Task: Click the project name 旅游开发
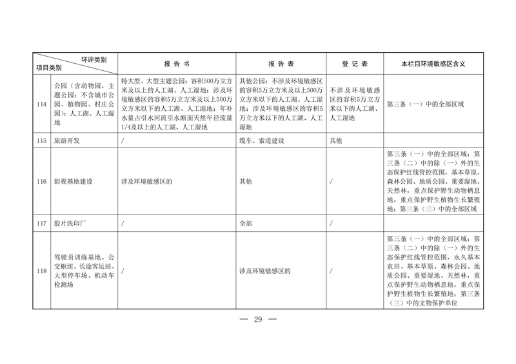point(68,140)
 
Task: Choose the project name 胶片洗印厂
point(71,224)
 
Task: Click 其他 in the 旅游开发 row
point(337,140)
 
